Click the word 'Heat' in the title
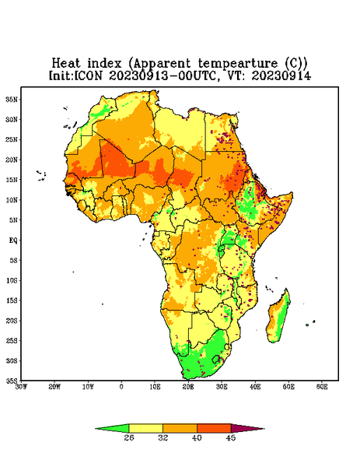[66, 64]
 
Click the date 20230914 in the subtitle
[281, 75]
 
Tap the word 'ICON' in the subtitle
[88, 75]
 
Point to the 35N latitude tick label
[12, 99]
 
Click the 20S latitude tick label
[12, 321]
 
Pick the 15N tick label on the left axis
[12, 180]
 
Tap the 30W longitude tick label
[21, 387]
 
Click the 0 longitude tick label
[121, 387]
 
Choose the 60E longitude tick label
[322, 387]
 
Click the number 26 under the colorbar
[129, 437]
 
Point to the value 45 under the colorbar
[231, 437]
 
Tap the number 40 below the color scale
[197, 437]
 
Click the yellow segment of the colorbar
[145, 428]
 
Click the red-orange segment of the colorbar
[214, 428]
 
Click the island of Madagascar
[279, 318]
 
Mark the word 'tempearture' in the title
[237, 64]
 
